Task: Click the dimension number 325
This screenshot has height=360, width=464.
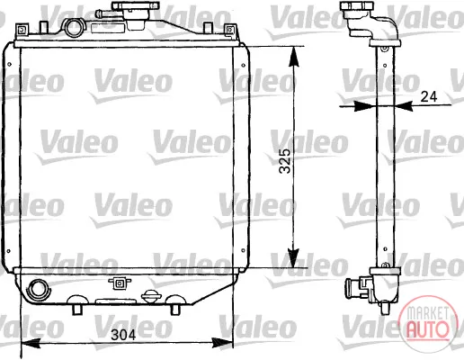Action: coord(285,161)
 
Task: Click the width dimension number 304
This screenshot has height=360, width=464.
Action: coord(123,335)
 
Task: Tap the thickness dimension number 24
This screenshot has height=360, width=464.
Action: coord(429,96)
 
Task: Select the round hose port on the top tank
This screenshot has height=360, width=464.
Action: coord(74,28)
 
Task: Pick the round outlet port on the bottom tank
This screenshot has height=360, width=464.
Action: coord(38,289)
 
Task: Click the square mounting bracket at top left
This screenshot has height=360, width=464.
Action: coord(22,30)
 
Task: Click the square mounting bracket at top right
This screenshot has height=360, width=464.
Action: coord(230,30)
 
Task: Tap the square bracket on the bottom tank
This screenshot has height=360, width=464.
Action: coord(120,283)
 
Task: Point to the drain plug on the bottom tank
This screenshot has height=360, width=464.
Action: coord(151,296)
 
